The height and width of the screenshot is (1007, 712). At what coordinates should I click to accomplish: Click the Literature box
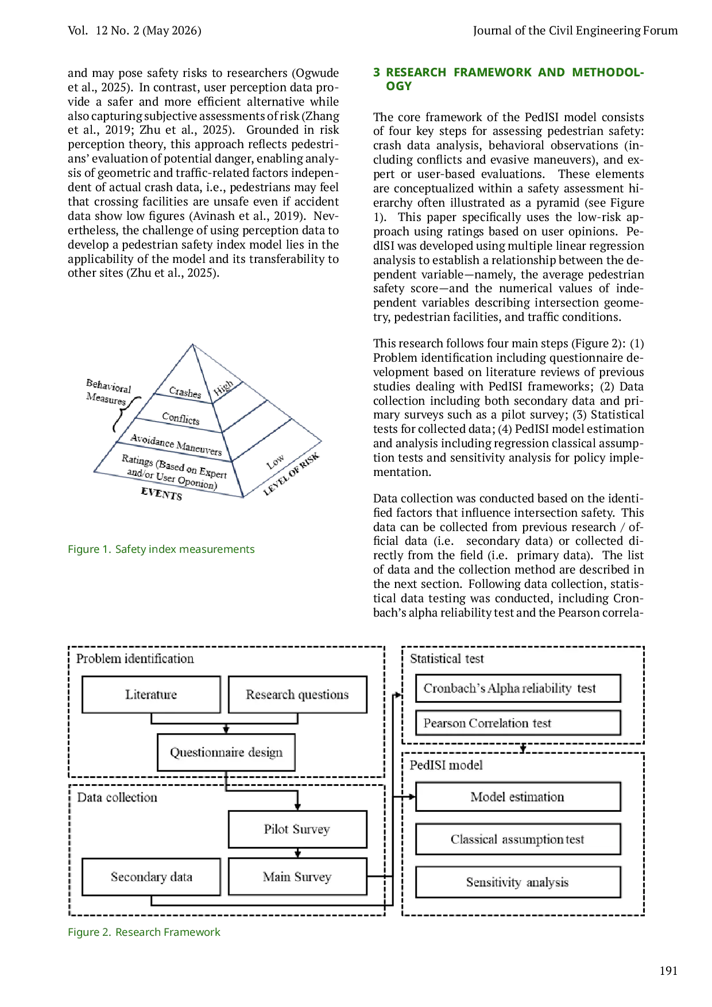coord(151,695)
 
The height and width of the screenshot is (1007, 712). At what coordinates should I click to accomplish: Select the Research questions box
coord(297,695)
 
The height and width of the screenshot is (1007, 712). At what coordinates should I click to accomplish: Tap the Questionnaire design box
coord(226,752)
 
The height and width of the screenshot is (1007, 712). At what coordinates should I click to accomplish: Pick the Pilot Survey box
coord(297,829)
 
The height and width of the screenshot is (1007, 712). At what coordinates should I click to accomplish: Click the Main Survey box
coord(297,877)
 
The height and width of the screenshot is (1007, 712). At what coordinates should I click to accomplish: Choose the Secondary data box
coord(151,877)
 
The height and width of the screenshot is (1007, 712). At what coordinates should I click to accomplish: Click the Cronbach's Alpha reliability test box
coord(517,688)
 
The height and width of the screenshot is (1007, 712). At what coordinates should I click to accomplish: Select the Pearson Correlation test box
coord(517,723)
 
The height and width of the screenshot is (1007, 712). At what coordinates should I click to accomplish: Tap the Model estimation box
coord(517,796)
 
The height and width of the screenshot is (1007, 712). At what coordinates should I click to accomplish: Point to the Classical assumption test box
coord(517,839)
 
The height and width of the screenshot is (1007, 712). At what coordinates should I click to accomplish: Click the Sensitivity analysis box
coord(517,882)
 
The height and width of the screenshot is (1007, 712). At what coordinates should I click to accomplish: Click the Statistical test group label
coord(447,659)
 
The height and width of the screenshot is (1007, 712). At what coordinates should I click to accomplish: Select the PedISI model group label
coord(446,765)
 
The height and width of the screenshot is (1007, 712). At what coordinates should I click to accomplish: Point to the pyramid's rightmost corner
coord(323,441)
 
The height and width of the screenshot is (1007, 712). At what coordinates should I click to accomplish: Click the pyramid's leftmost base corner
coord(94,471)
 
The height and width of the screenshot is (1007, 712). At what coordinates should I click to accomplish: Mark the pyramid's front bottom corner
coord(243,497)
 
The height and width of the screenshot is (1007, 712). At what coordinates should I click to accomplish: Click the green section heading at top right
coord(509,79)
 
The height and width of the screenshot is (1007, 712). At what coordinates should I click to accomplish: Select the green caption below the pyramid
coord(161,549)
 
